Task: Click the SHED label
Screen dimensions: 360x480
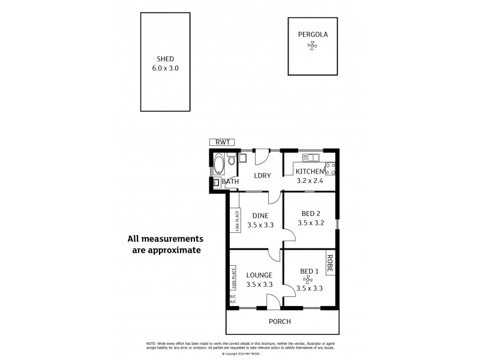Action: [x=165, y=59]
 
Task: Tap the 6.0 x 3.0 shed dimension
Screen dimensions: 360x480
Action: [x=165, y=68]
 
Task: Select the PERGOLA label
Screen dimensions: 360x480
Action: [x=313, y=34]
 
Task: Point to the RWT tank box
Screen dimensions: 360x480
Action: [x=221, y=142]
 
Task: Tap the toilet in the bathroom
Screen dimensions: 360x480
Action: [x=232, y=160]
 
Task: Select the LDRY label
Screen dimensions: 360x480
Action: [x=263, y=176]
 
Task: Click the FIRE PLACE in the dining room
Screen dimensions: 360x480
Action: [x=236, y=220]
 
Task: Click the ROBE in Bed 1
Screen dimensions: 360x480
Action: [x=331, y=262]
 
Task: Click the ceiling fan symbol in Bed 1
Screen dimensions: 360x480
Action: [x=309, y=279]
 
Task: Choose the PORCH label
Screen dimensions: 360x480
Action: [x=280, y=322]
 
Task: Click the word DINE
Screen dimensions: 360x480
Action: [x=260, y=215]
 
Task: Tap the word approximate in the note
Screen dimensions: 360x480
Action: [x=166, y=250]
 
